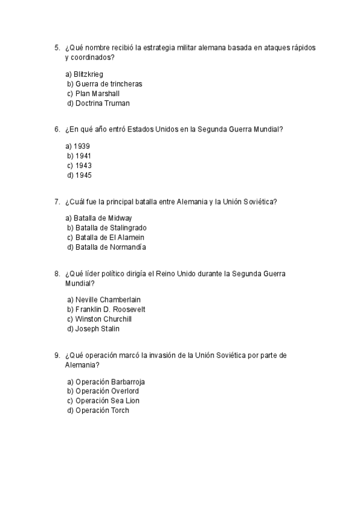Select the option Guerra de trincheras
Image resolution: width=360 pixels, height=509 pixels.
pos(104,83)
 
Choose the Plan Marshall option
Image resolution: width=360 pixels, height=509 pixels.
pos(93,93)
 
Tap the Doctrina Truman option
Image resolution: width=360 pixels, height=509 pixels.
pos(98,103)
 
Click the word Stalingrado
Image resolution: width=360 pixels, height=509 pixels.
pos(128,227)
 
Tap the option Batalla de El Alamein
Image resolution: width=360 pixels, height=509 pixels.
pos(106,237)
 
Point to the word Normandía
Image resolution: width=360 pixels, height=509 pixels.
pos(128,247)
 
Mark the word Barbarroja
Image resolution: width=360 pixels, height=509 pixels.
pos(128,381)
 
